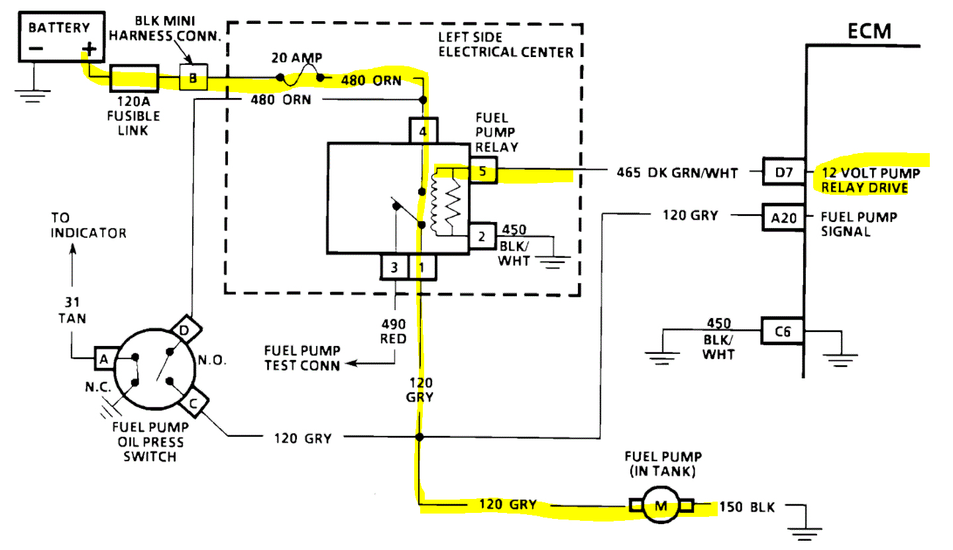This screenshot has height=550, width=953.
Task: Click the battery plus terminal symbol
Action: click(87, 48)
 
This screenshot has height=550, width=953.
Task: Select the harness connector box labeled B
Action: click(194, 79)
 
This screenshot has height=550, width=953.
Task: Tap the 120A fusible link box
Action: click(133, 80)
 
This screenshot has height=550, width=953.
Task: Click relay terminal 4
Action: click(423, 131)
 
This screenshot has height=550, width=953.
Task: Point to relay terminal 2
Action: click(482, 236)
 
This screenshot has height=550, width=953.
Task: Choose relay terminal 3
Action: click(394, 268)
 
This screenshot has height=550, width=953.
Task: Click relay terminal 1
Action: click(421, 268)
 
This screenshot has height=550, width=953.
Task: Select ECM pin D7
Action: click(784, 173)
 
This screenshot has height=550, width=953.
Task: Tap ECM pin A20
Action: click(784, 217)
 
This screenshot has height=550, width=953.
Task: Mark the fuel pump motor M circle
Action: click(661, 507)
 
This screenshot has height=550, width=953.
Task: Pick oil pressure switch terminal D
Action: click(184, 327)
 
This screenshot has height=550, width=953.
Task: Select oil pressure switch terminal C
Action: click(197, 400)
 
